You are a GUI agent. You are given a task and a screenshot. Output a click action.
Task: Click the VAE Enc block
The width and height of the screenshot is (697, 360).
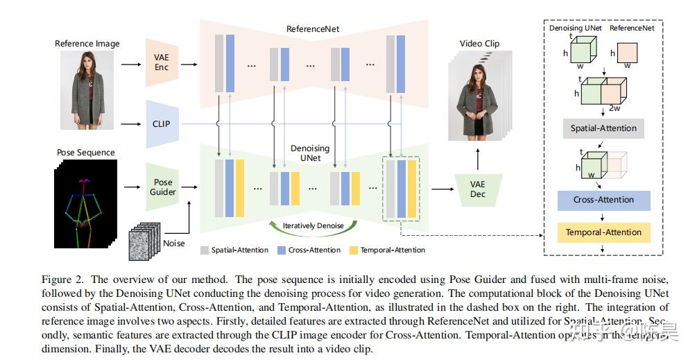161,63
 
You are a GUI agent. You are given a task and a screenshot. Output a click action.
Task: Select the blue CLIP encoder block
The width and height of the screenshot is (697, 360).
160,124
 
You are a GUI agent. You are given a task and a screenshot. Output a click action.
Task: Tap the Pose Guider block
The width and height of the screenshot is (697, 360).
162,187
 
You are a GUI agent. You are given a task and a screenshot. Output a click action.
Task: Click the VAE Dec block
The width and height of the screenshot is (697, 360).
477,189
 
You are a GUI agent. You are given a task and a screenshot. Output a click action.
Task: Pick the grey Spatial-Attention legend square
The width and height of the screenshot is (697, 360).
205,250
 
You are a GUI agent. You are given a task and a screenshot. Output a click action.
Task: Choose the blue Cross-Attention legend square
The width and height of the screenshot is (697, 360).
282,250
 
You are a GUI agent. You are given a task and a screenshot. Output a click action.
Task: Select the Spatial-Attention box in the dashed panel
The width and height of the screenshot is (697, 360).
603,128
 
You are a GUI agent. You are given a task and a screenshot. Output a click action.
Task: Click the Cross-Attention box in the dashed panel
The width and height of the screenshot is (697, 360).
603,200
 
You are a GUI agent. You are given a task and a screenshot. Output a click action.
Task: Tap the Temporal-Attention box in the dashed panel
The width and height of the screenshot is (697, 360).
603,232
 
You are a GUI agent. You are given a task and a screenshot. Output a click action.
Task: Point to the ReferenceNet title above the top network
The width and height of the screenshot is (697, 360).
313,29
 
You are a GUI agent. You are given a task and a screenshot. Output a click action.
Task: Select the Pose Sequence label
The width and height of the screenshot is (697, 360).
85,152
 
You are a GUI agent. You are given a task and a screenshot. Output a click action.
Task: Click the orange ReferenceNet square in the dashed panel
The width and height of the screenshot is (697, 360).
626,52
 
